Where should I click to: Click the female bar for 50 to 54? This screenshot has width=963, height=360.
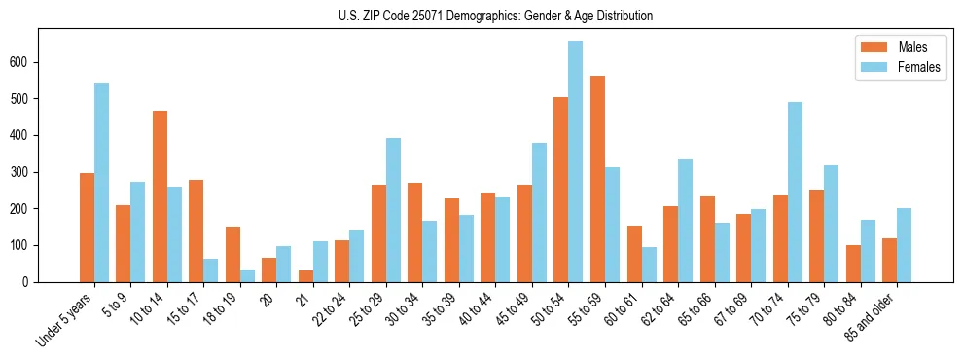pyautogui.click(x=575, y=162)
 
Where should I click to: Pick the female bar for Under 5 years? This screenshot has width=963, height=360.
pyautogui.click(x=101, y=182)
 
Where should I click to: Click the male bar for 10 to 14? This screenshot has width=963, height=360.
pyautogui.click(x=160, y=197)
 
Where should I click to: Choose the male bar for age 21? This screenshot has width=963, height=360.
pyautogui.click(x=305, y=276)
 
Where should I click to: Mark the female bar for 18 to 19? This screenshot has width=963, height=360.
pyautogui.click(x=247, y=275)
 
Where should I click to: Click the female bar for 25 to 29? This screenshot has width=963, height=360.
pyautogui.click(x=393, y=210)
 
